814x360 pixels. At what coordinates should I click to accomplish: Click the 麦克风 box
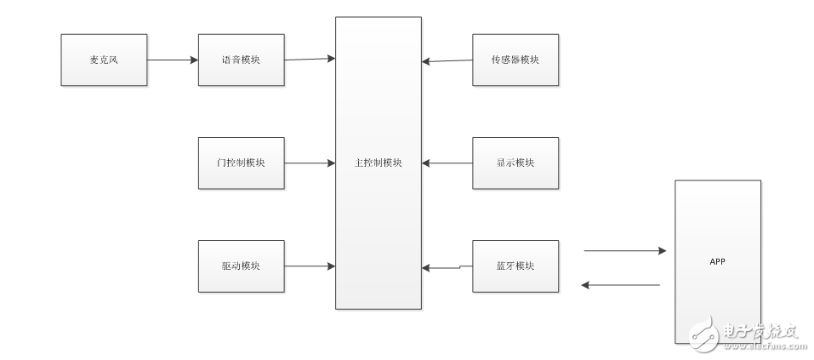click(105, 60)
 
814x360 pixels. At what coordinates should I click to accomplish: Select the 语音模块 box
click(241, 60)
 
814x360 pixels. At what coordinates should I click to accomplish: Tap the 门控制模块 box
click(241, 163)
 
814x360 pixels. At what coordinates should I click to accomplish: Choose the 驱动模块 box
click(241, 266)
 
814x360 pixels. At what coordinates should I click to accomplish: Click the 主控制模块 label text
click(378, 163)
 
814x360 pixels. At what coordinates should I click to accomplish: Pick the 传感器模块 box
click(515, 60)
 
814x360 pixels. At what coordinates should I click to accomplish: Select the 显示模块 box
click(515, 163)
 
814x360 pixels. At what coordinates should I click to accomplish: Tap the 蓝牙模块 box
click(515, 266)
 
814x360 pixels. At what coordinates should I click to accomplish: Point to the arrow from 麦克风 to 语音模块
click(173, 60)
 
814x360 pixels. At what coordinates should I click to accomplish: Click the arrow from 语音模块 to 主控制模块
click(310, 59)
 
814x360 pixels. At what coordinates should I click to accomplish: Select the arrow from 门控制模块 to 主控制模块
click(310, 163)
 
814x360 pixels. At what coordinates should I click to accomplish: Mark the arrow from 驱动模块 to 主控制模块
click(310, 266)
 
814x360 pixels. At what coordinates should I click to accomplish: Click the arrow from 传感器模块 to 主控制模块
click(447, 60)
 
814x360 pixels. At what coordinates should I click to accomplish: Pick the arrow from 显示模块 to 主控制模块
click(447, 163)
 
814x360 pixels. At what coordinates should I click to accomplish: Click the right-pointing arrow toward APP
click(623, 251)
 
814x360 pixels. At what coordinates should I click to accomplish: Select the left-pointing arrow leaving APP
click(623, 285)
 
